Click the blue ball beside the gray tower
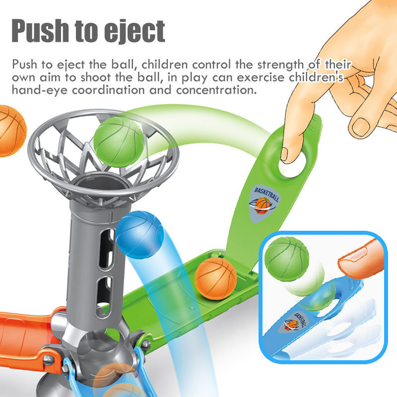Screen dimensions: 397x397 pos(140,235)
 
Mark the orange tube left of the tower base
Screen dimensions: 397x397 pos(25,325)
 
